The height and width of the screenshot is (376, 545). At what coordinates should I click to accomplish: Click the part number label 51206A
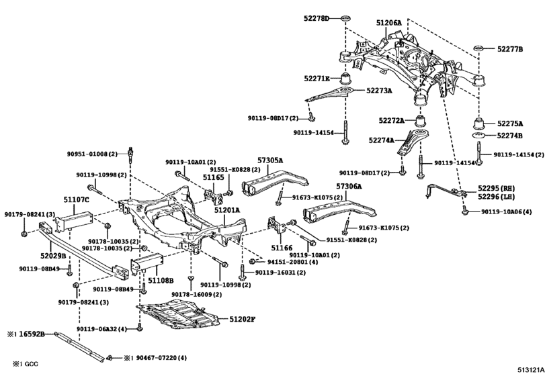388,23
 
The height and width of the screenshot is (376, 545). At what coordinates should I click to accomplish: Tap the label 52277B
510,48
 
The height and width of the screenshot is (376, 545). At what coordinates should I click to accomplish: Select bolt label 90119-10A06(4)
507,212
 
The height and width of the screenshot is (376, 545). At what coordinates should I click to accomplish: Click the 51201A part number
227,210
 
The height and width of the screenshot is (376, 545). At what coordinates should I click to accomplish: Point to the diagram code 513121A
529,369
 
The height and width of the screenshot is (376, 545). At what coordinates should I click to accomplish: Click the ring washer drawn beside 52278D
345,16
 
